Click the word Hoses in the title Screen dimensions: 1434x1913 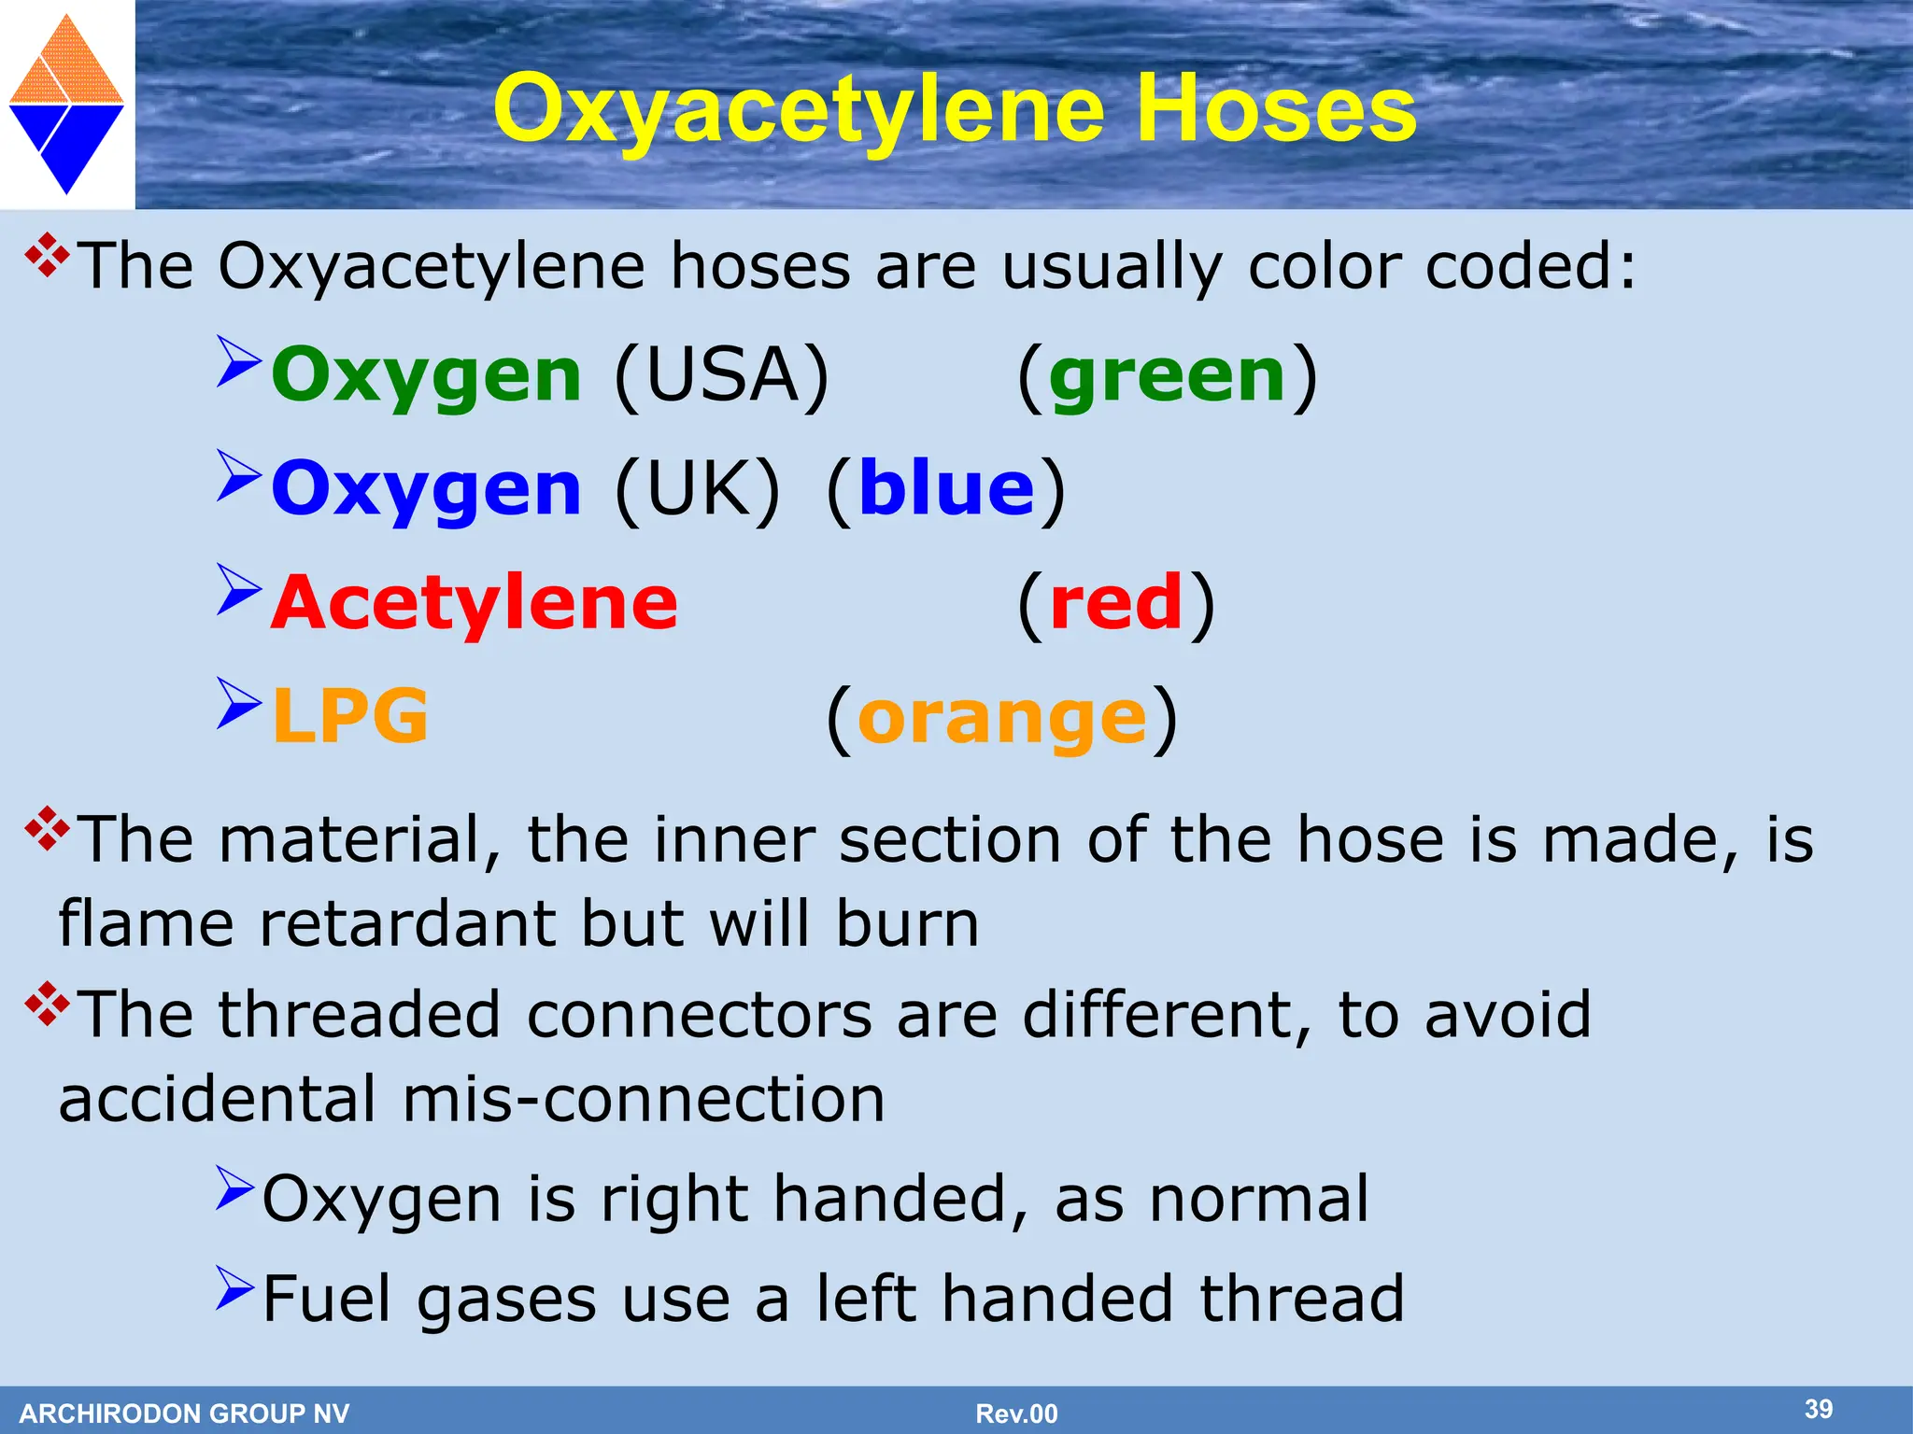[x=1276, y=110]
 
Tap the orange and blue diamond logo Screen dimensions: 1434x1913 [x=66, y=104]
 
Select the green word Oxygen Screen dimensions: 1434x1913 [x=427, y=376]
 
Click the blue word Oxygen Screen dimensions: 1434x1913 [x=427, y=490]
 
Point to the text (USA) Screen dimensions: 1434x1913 [x=722, y=376]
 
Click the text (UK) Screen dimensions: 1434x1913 [x=697, y=490]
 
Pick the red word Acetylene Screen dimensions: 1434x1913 [x=475, y=604]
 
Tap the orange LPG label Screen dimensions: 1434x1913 [x=350, y=717]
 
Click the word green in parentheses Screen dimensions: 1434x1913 [x=1167, y=376]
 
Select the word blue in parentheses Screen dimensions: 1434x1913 [x=946, y=490]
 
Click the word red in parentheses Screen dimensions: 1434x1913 [x=1116, y=604]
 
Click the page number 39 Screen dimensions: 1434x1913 [x=1818, y=1409]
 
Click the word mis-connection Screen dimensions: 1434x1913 [x=644, y=1100]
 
